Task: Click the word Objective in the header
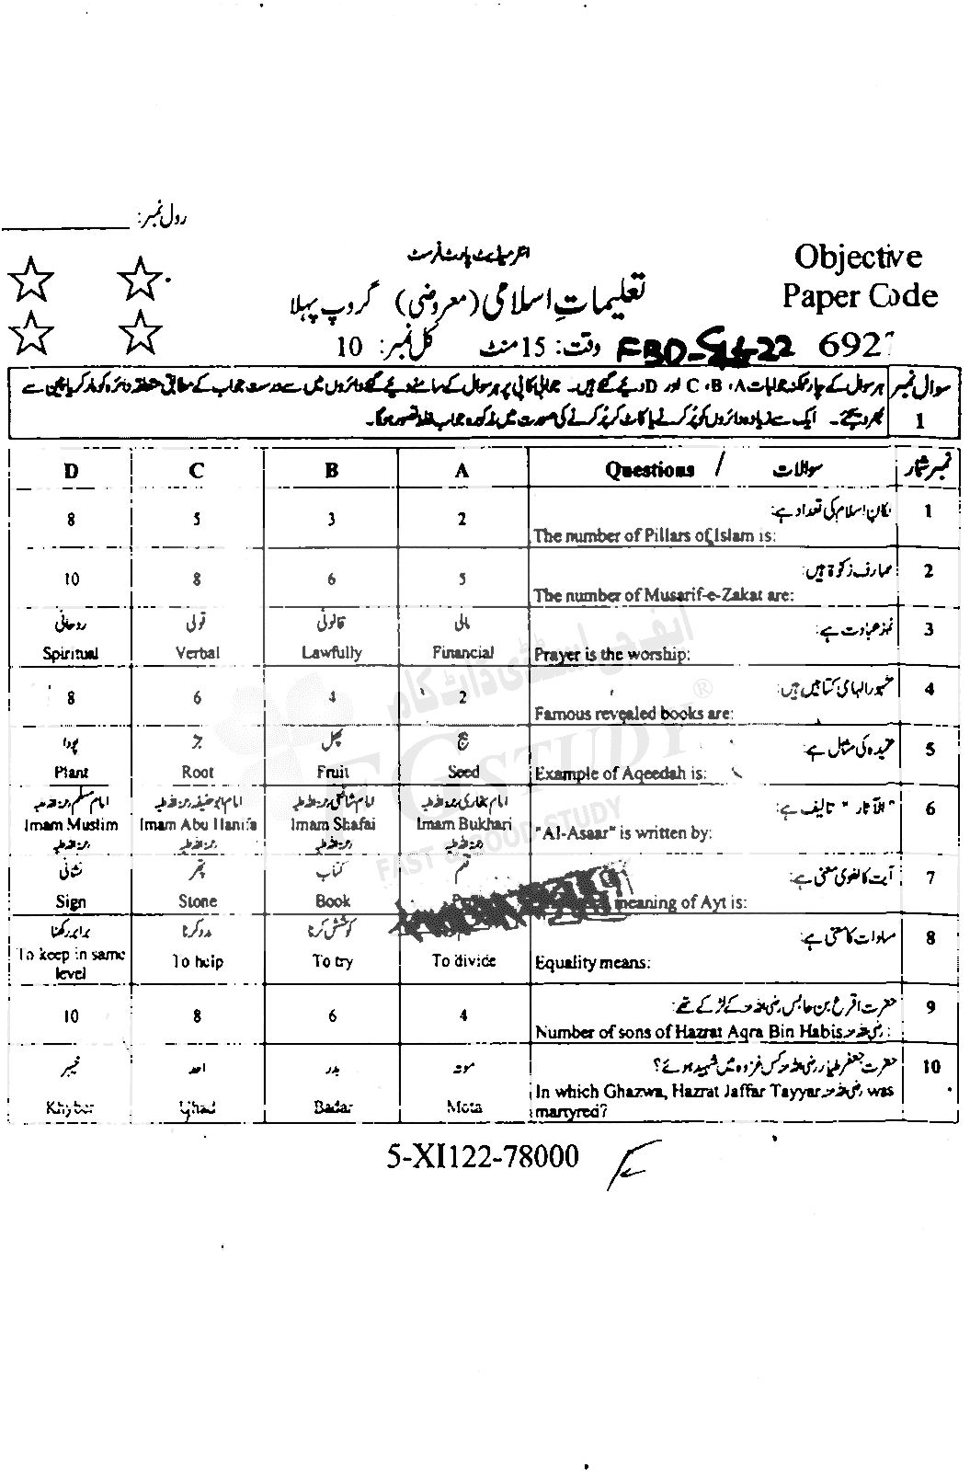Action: (x=857, y=257)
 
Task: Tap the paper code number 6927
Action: (x=855, y=345)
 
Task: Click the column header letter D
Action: (x=71, y=471)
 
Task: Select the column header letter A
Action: (x=462, y=471)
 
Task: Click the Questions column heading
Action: (x=649, y=470)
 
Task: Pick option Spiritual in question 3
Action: (x=71, y=654)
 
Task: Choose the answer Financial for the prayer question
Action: (x=462, y=652)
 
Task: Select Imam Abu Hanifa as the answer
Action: (x=198, y=825)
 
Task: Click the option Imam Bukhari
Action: (x=462, y=825)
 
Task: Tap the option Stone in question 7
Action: (x=198, y=901)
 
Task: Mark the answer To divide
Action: (x=463, y=960)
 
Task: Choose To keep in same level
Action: (x=71, y=963)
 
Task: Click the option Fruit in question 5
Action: (x=332, y=773)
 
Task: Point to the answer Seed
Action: (x=463, y=773)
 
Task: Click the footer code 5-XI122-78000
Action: (x=483, y=1156)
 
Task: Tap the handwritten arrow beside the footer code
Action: (x=625, y=1165)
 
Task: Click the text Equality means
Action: (x=592, y=964)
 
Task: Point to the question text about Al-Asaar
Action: (x=622, y=833)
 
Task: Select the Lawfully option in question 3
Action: (x=332, y=652)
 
